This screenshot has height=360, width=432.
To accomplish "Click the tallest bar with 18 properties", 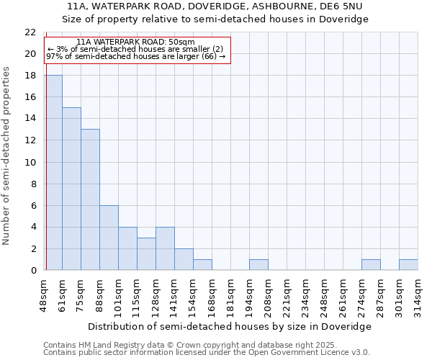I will (53, 173).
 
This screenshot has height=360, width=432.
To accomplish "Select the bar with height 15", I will (71, 189).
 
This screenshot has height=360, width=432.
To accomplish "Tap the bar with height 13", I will (90, 199).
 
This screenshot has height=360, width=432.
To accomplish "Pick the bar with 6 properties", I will (109, 238).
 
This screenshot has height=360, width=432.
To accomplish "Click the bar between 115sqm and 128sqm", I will (146, 253).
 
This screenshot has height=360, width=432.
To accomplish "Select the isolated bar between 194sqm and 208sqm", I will (258, 264).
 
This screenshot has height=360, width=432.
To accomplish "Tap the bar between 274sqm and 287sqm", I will (371, 264).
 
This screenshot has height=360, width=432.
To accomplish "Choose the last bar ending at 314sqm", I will (408, 264).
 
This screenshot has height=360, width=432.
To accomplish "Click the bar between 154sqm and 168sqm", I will (202, 264).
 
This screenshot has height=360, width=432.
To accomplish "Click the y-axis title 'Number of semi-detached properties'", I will (7, 156).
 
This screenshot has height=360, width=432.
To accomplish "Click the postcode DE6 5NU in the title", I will (341, 6).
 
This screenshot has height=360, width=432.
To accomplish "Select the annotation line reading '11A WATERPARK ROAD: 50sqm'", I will (135, 42).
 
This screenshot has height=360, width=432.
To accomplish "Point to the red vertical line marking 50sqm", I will (46, 180).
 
